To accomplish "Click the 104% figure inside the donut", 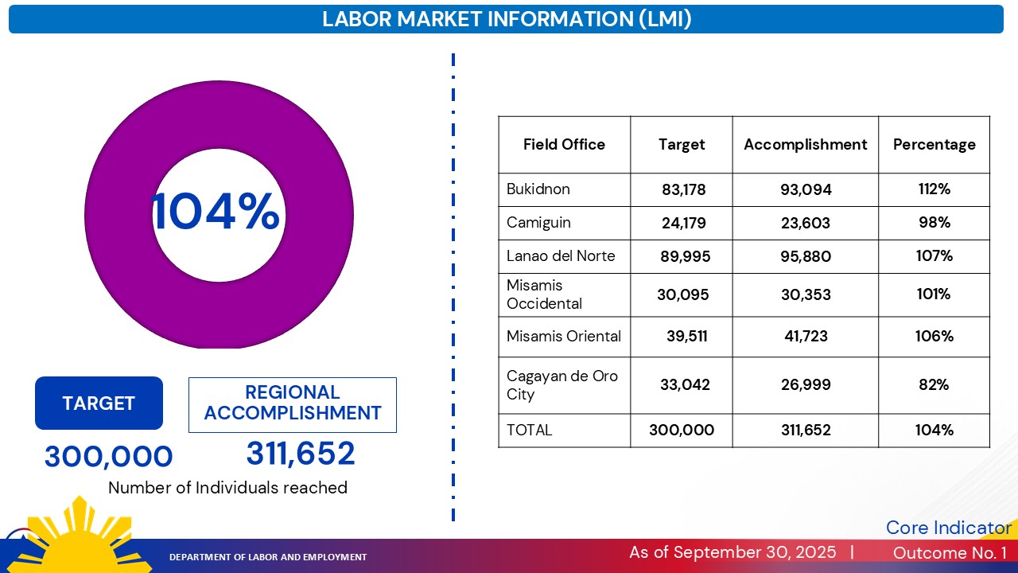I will tap(216, 212).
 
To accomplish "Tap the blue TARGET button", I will tap(99, 403).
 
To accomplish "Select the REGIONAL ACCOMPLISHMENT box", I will tap(292, 403).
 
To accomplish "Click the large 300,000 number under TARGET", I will tap(108, 457).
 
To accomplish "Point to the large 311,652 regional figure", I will tap(301, 454).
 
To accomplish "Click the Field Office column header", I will tap(564, 145).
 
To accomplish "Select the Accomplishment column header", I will tap(805, 145).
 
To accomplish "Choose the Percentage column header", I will tap(934, 145).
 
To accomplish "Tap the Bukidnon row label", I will tap(538, 189).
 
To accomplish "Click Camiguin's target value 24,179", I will tap(683, 223).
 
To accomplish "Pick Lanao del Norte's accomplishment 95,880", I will tap(806, 256).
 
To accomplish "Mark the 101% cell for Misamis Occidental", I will tap(934, 294).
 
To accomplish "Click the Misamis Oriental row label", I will tap(564, 336).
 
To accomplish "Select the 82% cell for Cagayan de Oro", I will tap(934, 384).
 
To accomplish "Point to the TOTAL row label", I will tap(529, 430).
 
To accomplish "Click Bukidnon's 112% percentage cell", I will tap(934, 189).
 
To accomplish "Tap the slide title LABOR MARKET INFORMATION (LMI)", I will tap(507, 19).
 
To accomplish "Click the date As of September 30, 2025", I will tap(732, 552).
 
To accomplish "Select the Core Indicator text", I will tap(948, 528).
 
